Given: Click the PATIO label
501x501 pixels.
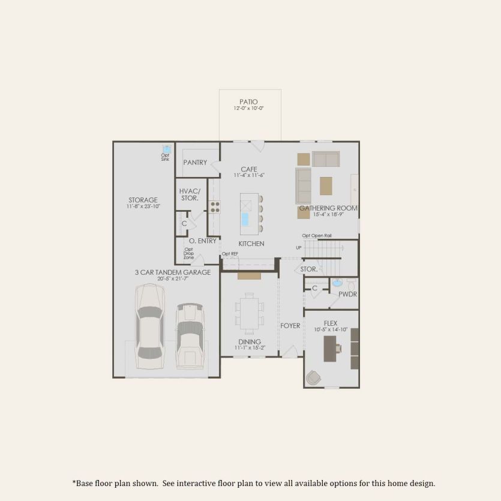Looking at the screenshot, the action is (x=248, y=102).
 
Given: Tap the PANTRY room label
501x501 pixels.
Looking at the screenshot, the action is (x=195, y=163).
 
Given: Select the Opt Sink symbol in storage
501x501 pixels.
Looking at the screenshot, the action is (x=166, y=149).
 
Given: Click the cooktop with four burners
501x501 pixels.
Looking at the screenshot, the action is (x=215, y=207).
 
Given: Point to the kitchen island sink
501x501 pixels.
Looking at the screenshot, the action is (x=245, y=219).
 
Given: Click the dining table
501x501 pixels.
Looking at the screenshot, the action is (x=249, y=313).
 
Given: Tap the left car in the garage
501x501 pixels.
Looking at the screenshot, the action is (x=149, y=326).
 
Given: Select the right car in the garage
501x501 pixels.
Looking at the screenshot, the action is (x=190, y=335).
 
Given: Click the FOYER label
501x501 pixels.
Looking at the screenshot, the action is (x=290, y=326).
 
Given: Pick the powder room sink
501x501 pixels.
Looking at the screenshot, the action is (x=337, y=283).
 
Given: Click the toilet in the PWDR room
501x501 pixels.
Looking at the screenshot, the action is (x=351, y=284).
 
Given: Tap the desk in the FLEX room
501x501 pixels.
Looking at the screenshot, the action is (x=330, y=349).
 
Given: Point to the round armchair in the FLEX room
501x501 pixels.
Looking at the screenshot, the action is (x=313, y=378).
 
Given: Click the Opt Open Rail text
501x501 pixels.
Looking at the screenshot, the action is (x=317, y=236).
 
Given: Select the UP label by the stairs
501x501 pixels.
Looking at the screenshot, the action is (x=299, y=248).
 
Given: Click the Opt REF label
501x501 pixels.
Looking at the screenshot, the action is (x=230, y=254).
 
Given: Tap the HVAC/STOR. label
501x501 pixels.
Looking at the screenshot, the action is (x=190, y=194).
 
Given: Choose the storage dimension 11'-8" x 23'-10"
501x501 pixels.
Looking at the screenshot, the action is (x=143, y=206).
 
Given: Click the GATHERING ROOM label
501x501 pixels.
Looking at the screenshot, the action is (x=328, y=208).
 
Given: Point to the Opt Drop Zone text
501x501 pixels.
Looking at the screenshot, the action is (x=188, y=253).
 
